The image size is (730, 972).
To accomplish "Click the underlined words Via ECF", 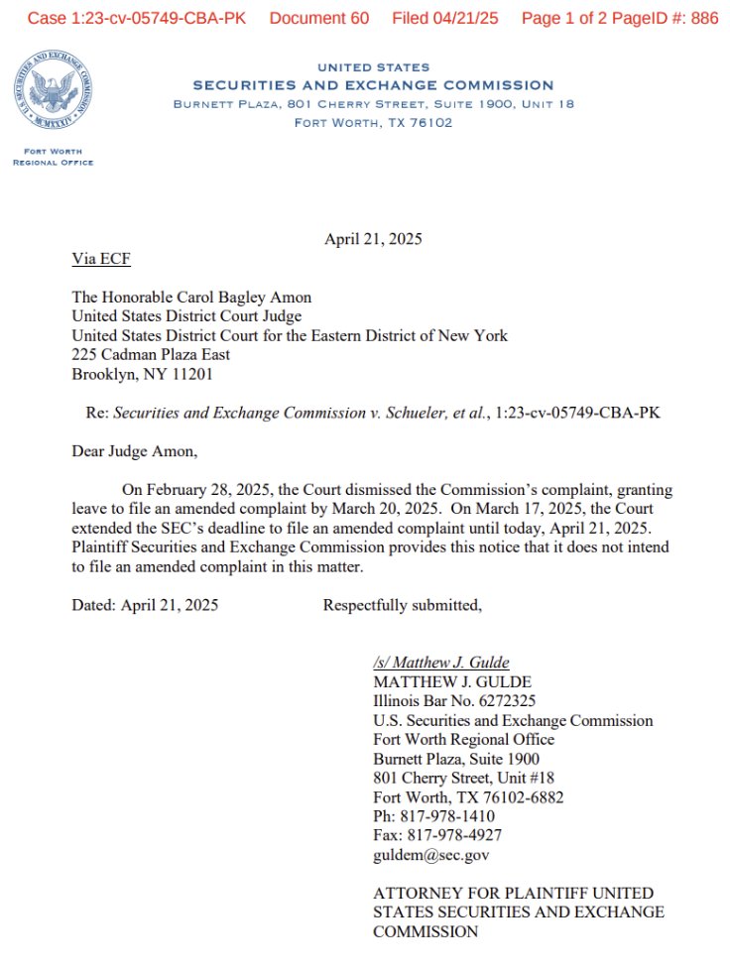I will [x=101, y=260].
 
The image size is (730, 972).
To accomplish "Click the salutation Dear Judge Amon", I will [x=134, y=451].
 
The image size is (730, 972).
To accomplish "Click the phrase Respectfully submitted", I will [x=402, y=605].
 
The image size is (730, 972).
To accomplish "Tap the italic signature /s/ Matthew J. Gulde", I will [x=441, y=663].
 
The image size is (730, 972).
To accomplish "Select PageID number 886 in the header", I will [x=705, y=19].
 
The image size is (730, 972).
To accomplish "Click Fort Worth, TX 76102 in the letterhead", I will [x=373, y=123].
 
